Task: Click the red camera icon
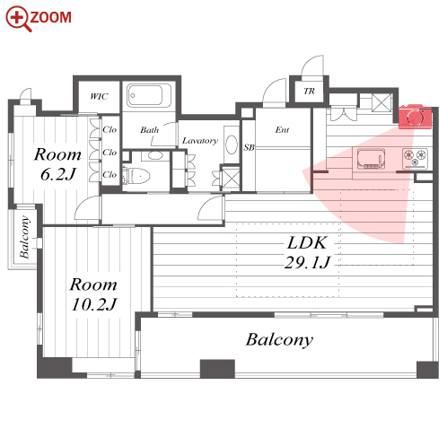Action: [415, 117]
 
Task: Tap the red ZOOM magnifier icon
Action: [18, 19]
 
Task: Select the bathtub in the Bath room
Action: [149, 95]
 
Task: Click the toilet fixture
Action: [136, 175]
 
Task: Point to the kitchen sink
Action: [371, 159]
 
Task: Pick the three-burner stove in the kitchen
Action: [415, 158]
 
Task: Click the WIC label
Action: [99, 96]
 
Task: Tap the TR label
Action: [309, 91]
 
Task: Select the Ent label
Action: [282, 130]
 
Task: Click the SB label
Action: [249, 147]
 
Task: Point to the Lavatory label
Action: [200, 141]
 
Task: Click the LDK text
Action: [307, 242]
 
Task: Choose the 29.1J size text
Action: [307, 263]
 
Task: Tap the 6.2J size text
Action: [57, 174]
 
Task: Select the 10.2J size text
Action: [94, 304]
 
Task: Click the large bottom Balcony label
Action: [279, 340]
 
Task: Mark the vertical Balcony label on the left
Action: [25, 237]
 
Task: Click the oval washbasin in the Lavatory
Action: [232, 144]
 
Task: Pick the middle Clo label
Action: [110, 153]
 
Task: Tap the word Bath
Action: [149, 130]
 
